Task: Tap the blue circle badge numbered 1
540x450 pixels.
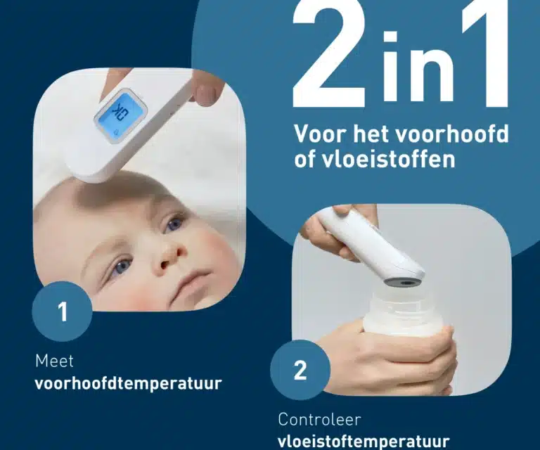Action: [x=63, y=311]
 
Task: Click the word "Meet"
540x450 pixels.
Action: [x=54, y=361]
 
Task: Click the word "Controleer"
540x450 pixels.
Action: [x=320, y=420]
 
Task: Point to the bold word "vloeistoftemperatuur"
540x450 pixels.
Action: [x=363, y=441]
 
